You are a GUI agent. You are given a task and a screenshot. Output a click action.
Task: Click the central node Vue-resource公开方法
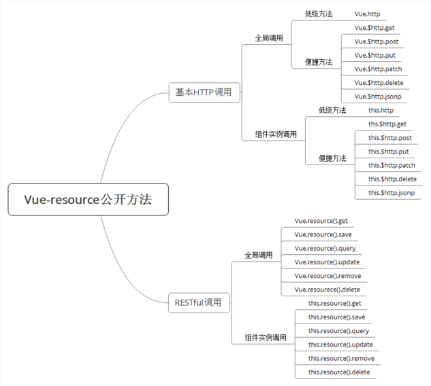point(88,200)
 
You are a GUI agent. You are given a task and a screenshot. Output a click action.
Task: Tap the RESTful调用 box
point(198,302)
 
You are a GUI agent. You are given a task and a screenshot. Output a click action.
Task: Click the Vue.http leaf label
point(368,14)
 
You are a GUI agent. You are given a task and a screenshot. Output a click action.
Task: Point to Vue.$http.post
point(377,41)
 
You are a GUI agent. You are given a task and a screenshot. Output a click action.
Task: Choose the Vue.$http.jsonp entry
point(378,96)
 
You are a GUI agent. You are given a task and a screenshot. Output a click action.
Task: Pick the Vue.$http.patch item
point(379,69)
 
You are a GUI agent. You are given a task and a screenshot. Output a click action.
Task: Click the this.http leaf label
point(381,110)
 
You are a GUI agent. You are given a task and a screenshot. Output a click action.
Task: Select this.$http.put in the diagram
point(389,152)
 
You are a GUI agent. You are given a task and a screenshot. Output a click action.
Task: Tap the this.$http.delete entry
point(392,179)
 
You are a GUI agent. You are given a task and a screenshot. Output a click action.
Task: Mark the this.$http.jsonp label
point(392,193)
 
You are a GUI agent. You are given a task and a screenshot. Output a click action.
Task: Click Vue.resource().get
point(321,221)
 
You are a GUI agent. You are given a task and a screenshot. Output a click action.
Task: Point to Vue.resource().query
point(325,248)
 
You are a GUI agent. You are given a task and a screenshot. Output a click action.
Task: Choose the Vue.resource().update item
point(327,262)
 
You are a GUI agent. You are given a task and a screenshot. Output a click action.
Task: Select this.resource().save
point(336,317)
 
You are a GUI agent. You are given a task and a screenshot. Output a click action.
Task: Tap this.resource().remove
point(340,358)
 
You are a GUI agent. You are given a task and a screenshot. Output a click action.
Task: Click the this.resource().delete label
point(339,372)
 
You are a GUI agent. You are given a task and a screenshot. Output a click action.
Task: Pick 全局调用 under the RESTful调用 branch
point(259,256)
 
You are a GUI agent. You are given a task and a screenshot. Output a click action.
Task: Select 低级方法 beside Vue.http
point(319,14)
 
